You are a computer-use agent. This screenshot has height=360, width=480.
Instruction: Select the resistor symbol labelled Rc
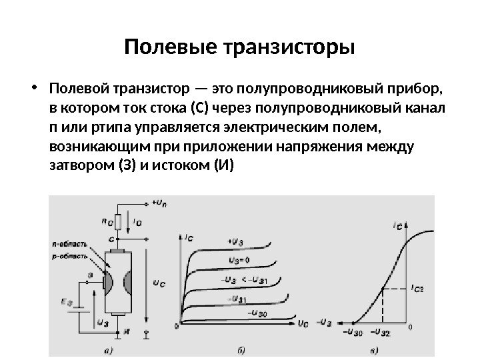click(118, 221)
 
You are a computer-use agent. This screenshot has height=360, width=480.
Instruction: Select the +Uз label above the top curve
click(236, 241)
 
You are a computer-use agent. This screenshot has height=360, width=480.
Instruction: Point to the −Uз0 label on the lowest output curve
click(257, 311)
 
